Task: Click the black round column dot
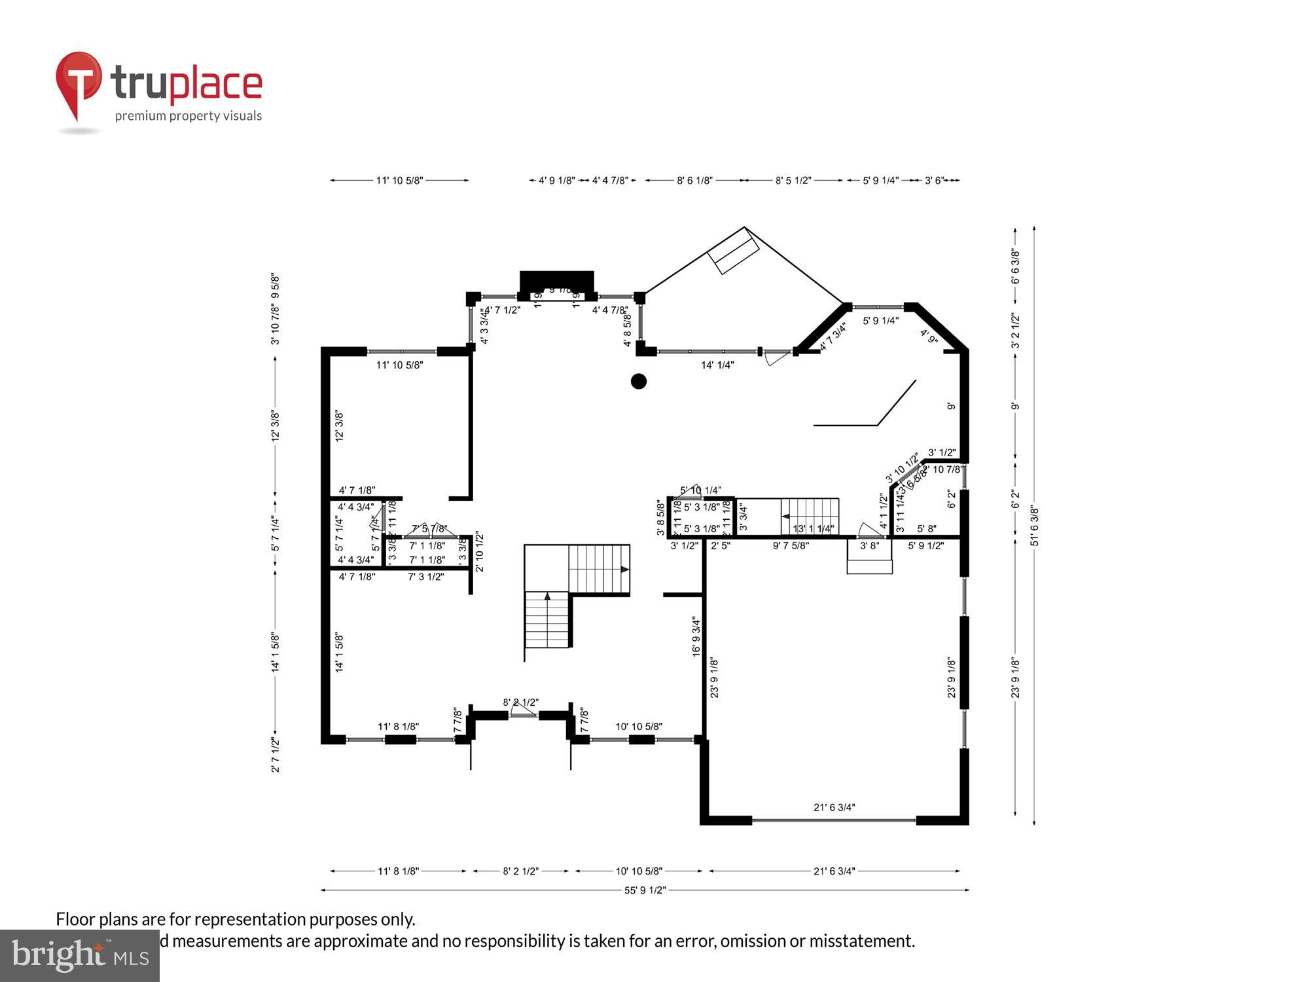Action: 639,381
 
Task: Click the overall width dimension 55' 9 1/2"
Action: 645,890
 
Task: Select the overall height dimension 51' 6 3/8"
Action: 1035,526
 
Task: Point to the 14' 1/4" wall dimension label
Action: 717,365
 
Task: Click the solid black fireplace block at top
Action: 556,282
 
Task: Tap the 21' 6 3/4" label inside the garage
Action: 834,807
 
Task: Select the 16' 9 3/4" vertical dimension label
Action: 696,636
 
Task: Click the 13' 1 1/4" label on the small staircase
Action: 814,528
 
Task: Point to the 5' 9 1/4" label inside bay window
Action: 880,321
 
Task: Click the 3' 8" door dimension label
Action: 869,546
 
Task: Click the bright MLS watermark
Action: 79,956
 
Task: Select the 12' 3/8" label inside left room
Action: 339,426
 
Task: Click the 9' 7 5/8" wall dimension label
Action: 791,546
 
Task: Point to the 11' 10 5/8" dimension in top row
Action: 399,180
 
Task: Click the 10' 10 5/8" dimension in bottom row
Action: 639,871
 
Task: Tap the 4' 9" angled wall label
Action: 929,337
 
